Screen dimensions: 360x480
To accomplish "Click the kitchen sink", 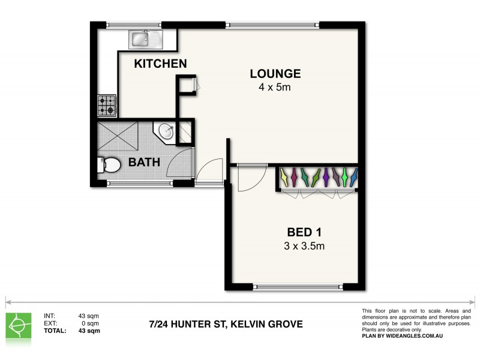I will coord(146,40).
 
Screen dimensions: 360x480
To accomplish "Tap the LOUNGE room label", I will coord(275,74).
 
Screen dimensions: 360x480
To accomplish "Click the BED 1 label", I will coord(307,232).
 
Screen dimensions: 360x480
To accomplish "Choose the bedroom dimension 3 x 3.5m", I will coord(307,245).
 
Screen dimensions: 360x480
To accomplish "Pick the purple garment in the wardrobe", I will coord(326,176).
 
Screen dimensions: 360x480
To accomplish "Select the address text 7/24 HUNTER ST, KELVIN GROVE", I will coord(226,325).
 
